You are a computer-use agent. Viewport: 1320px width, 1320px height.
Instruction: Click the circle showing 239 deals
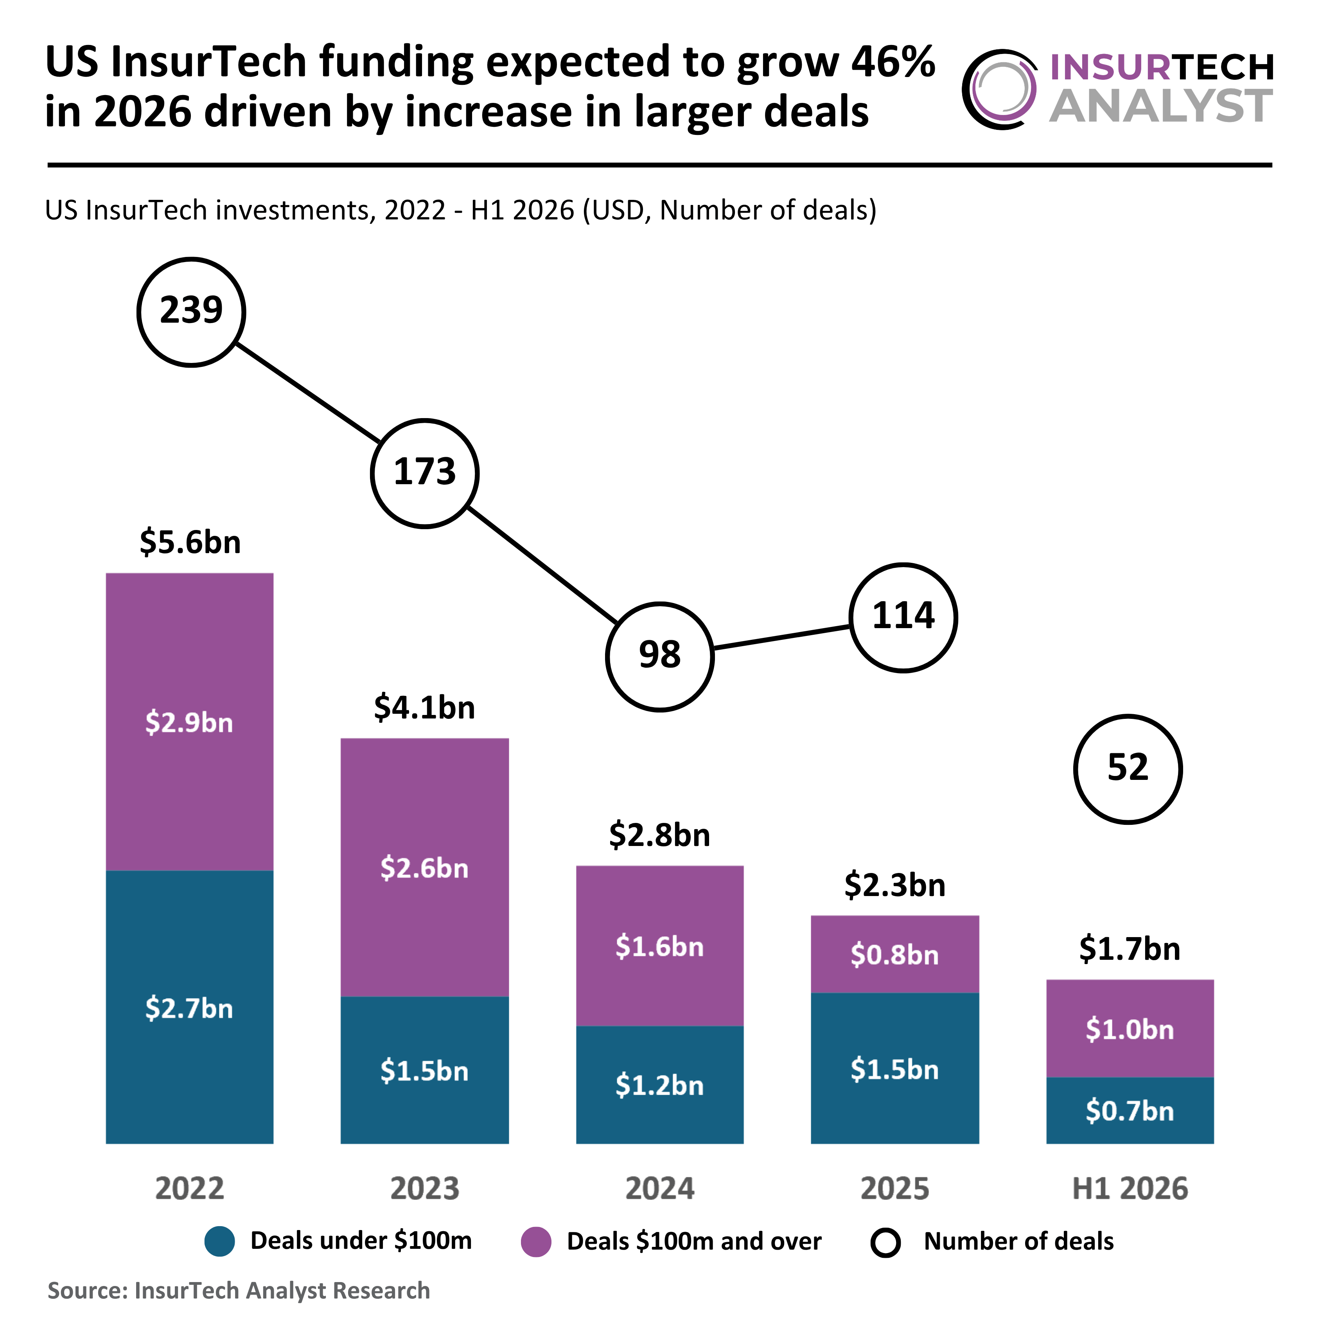point(191,312)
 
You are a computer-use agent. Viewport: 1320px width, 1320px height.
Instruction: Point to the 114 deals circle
point(903,618)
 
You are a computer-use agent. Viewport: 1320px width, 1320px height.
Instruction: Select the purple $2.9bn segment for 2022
point(189,722)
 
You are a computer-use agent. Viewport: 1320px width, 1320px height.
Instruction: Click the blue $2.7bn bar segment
point(189,1007)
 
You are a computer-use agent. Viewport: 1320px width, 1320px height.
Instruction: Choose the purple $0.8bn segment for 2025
point(894,954)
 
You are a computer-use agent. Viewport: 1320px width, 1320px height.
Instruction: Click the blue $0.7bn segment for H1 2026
point(1130,1110)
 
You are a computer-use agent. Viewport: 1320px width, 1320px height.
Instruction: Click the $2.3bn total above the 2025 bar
point(895,885)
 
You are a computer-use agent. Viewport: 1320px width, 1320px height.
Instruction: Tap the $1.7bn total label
point(1130,949)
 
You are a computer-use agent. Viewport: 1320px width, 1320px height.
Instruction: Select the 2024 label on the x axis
point(660,1189)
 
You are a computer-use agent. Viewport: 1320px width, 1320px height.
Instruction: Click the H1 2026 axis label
point(1130,1189)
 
